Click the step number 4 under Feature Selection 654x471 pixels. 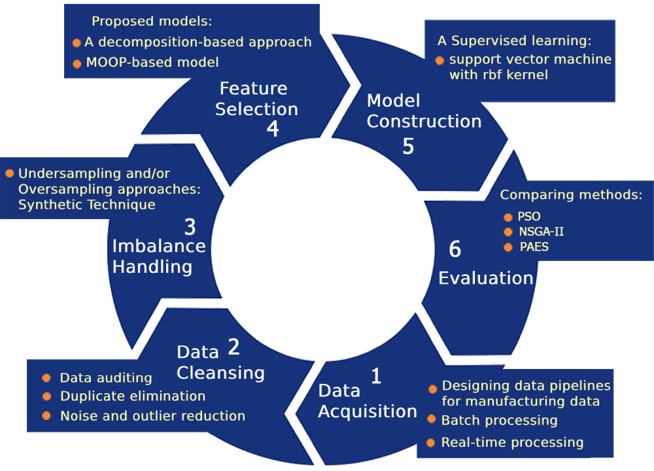[x=273, y=129]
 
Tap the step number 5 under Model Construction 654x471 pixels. [x=408, y=146]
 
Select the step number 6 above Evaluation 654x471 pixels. [x=455, y=249]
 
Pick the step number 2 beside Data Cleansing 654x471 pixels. [x=233, y=347]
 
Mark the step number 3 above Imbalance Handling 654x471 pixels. [x=190, y=227]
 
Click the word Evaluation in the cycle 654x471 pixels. [x=485, y=278]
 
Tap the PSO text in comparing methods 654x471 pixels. [x=529, y=217]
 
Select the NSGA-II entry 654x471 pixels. [x=541, y=232]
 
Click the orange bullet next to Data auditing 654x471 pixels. [x=46, y=378]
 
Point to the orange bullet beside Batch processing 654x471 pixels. [x=432, y=419]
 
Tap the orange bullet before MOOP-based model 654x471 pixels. [x=77, y=63]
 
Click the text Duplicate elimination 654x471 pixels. [x=133, y=396]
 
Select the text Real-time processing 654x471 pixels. [x=512, y=442]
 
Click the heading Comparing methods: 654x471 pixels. [x=571, y=194]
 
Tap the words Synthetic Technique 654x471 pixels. [x=87, y=205]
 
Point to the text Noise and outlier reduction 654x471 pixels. [x=152, y=416]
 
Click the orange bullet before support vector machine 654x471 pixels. [x=439, y=60]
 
